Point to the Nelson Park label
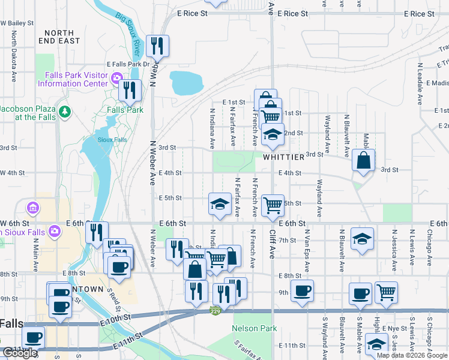[255, 328]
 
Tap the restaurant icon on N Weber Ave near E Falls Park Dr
[157, 46]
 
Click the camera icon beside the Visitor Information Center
[117, 77]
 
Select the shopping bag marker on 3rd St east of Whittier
[363, 160]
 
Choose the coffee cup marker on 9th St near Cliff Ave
[301, 291]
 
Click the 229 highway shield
[215, 310]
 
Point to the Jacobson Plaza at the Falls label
[26, 113]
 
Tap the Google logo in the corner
[20, 353]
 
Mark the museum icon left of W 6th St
[32, 209]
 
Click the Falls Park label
[125, 110]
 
